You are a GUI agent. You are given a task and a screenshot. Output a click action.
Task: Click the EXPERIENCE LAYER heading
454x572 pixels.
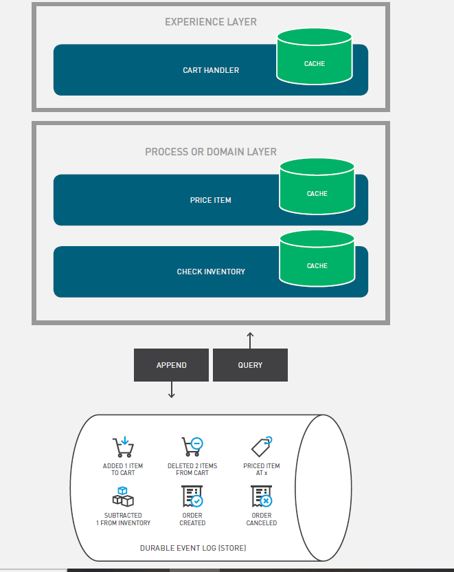click(211, 22)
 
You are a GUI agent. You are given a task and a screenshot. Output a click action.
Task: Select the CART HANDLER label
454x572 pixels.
click(211, 70)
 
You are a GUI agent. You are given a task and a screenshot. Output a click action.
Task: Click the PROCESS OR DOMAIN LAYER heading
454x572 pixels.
click(211, 152)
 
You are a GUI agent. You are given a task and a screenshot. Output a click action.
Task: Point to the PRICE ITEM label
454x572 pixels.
click(211, 200)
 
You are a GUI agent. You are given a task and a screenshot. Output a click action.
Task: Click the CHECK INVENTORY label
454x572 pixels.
click(211, 272)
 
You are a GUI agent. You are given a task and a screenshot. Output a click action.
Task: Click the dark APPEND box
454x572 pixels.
click(171, 365)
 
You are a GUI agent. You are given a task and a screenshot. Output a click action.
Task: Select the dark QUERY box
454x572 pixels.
click(250, 365)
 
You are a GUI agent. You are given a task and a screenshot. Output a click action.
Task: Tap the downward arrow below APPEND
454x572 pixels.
click(172, 390)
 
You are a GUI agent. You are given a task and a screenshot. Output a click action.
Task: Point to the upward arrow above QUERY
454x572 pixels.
click(250, 340)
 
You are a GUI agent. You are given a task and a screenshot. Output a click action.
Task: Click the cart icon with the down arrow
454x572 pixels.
click(123, 448)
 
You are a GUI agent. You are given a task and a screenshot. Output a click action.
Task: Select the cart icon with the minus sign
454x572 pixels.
click(192, 448)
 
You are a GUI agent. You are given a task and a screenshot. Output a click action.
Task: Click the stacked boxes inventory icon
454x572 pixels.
click(123, 496)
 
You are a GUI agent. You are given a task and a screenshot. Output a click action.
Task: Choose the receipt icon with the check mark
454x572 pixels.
click(192, 496)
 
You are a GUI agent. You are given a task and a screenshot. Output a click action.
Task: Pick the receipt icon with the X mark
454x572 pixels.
click(262, 496)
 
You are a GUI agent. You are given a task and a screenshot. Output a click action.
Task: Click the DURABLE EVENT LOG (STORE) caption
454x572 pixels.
click(193, 548)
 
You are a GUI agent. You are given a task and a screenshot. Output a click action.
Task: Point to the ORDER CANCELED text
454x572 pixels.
click(262, 519)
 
